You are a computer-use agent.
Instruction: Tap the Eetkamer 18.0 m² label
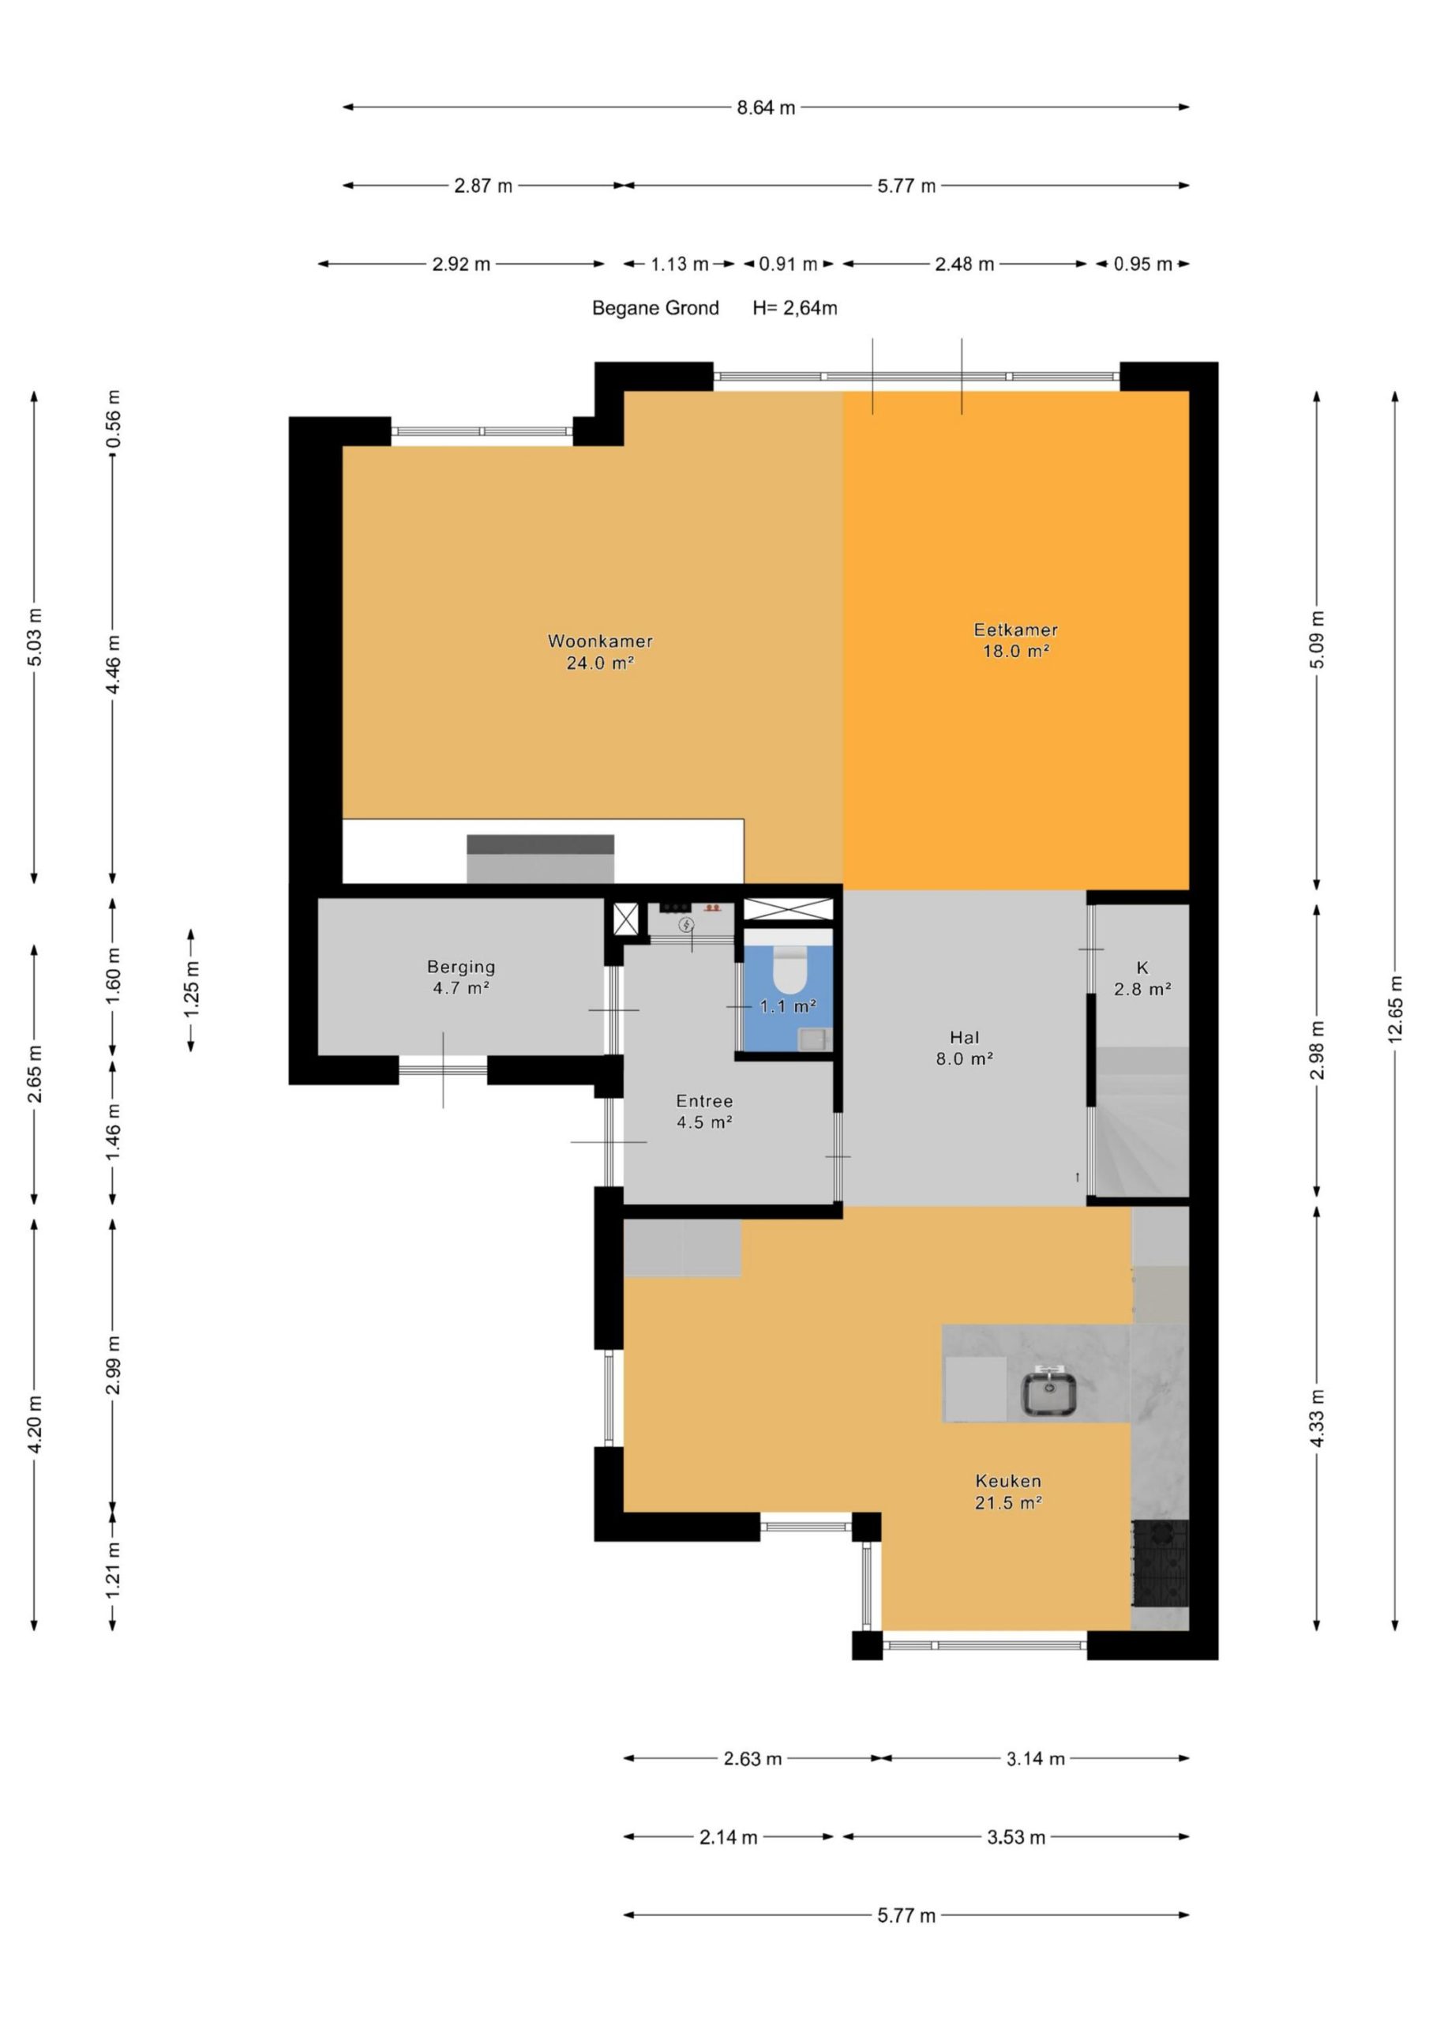[1015, 641]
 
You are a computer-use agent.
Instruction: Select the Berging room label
[461, 978]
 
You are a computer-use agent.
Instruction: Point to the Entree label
[704, 1111]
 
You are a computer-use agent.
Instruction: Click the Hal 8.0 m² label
[964, 1048]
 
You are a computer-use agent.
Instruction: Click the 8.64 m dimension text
[766, 107]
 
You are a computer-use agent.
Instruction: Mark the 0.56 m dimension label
[113, 419]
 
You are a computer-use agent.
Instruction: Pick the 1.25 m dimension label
[191, 989]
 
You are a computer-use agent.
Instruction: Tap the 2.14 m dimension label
[728, 1837]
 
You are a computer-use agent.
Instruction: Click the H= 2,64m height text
[795, 308]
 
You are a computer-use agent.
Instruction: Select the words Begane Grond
[655, 308]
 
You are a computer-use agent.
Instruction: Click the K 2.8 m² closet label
[1142, 979]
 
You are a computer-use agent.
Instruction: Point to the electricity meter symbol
[686, 925]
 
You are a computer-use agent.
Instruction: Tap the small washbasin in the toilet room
[813, 1040]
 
